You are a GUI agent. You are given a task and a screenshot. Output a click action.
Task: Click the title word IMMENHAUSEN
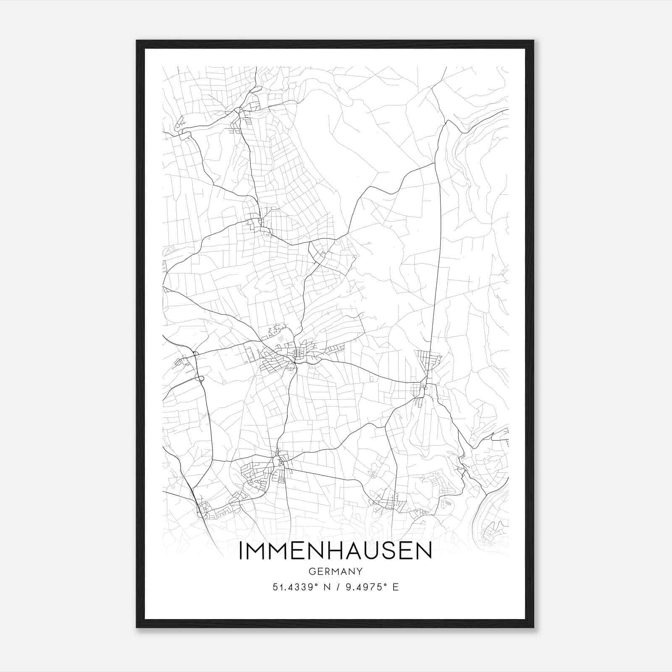335,551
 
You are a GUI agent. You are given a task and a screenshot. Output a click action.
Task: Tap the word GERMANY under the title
335,571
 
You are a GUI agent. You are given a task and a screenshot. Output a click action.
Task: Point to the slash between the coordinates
339,587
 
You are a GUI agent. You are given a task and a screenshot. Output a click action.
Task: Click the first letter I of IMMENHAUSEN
241,551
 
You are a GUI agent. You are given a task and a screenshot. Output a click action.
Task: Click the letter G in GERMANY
311,571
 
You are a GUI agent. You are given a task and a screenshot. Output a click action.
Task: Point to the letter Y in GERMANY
360,571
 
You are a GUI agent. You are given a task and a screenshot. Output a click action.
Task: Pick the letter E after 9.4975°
395,587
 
